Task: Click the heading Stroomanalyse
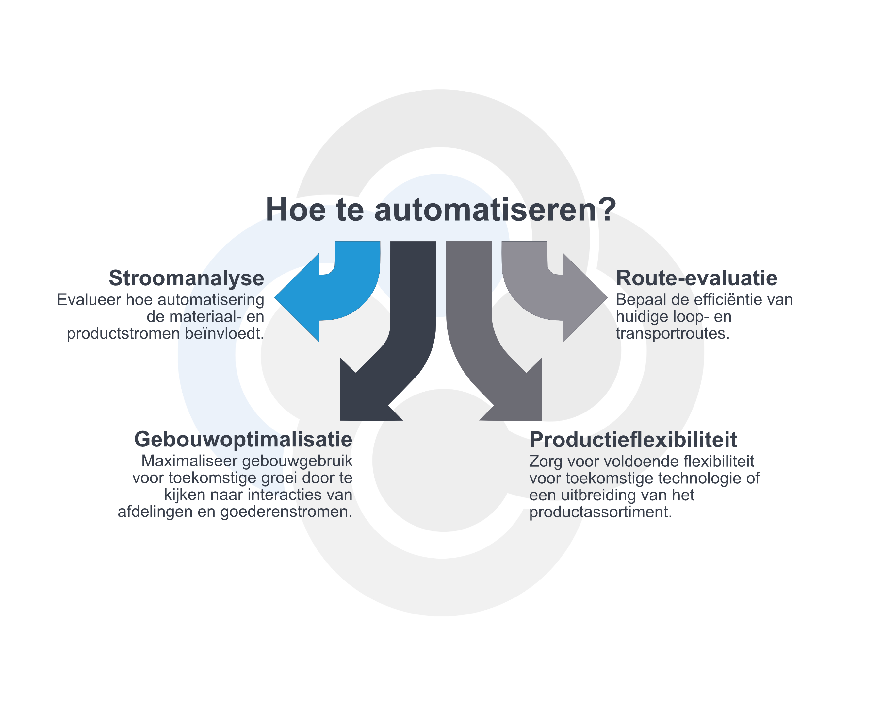click(x=187, y=278)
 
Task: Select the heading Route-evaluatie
click(x=697, y=278)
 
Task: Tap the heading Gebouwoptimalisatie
click(x=243, y=440)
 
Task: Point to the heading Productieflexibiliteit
click(x=633, y=440)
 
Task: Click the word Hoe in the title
click(x=296, y=210)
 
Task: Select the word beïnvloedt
click(x=225, y=334)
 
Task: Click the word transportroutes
click(x=673, y=334)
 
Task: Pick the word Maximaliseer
click(x=189, y=461)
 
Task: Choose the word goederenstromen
click(x=286, y=512)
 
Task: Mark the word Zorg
click(x=546, y=462)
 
